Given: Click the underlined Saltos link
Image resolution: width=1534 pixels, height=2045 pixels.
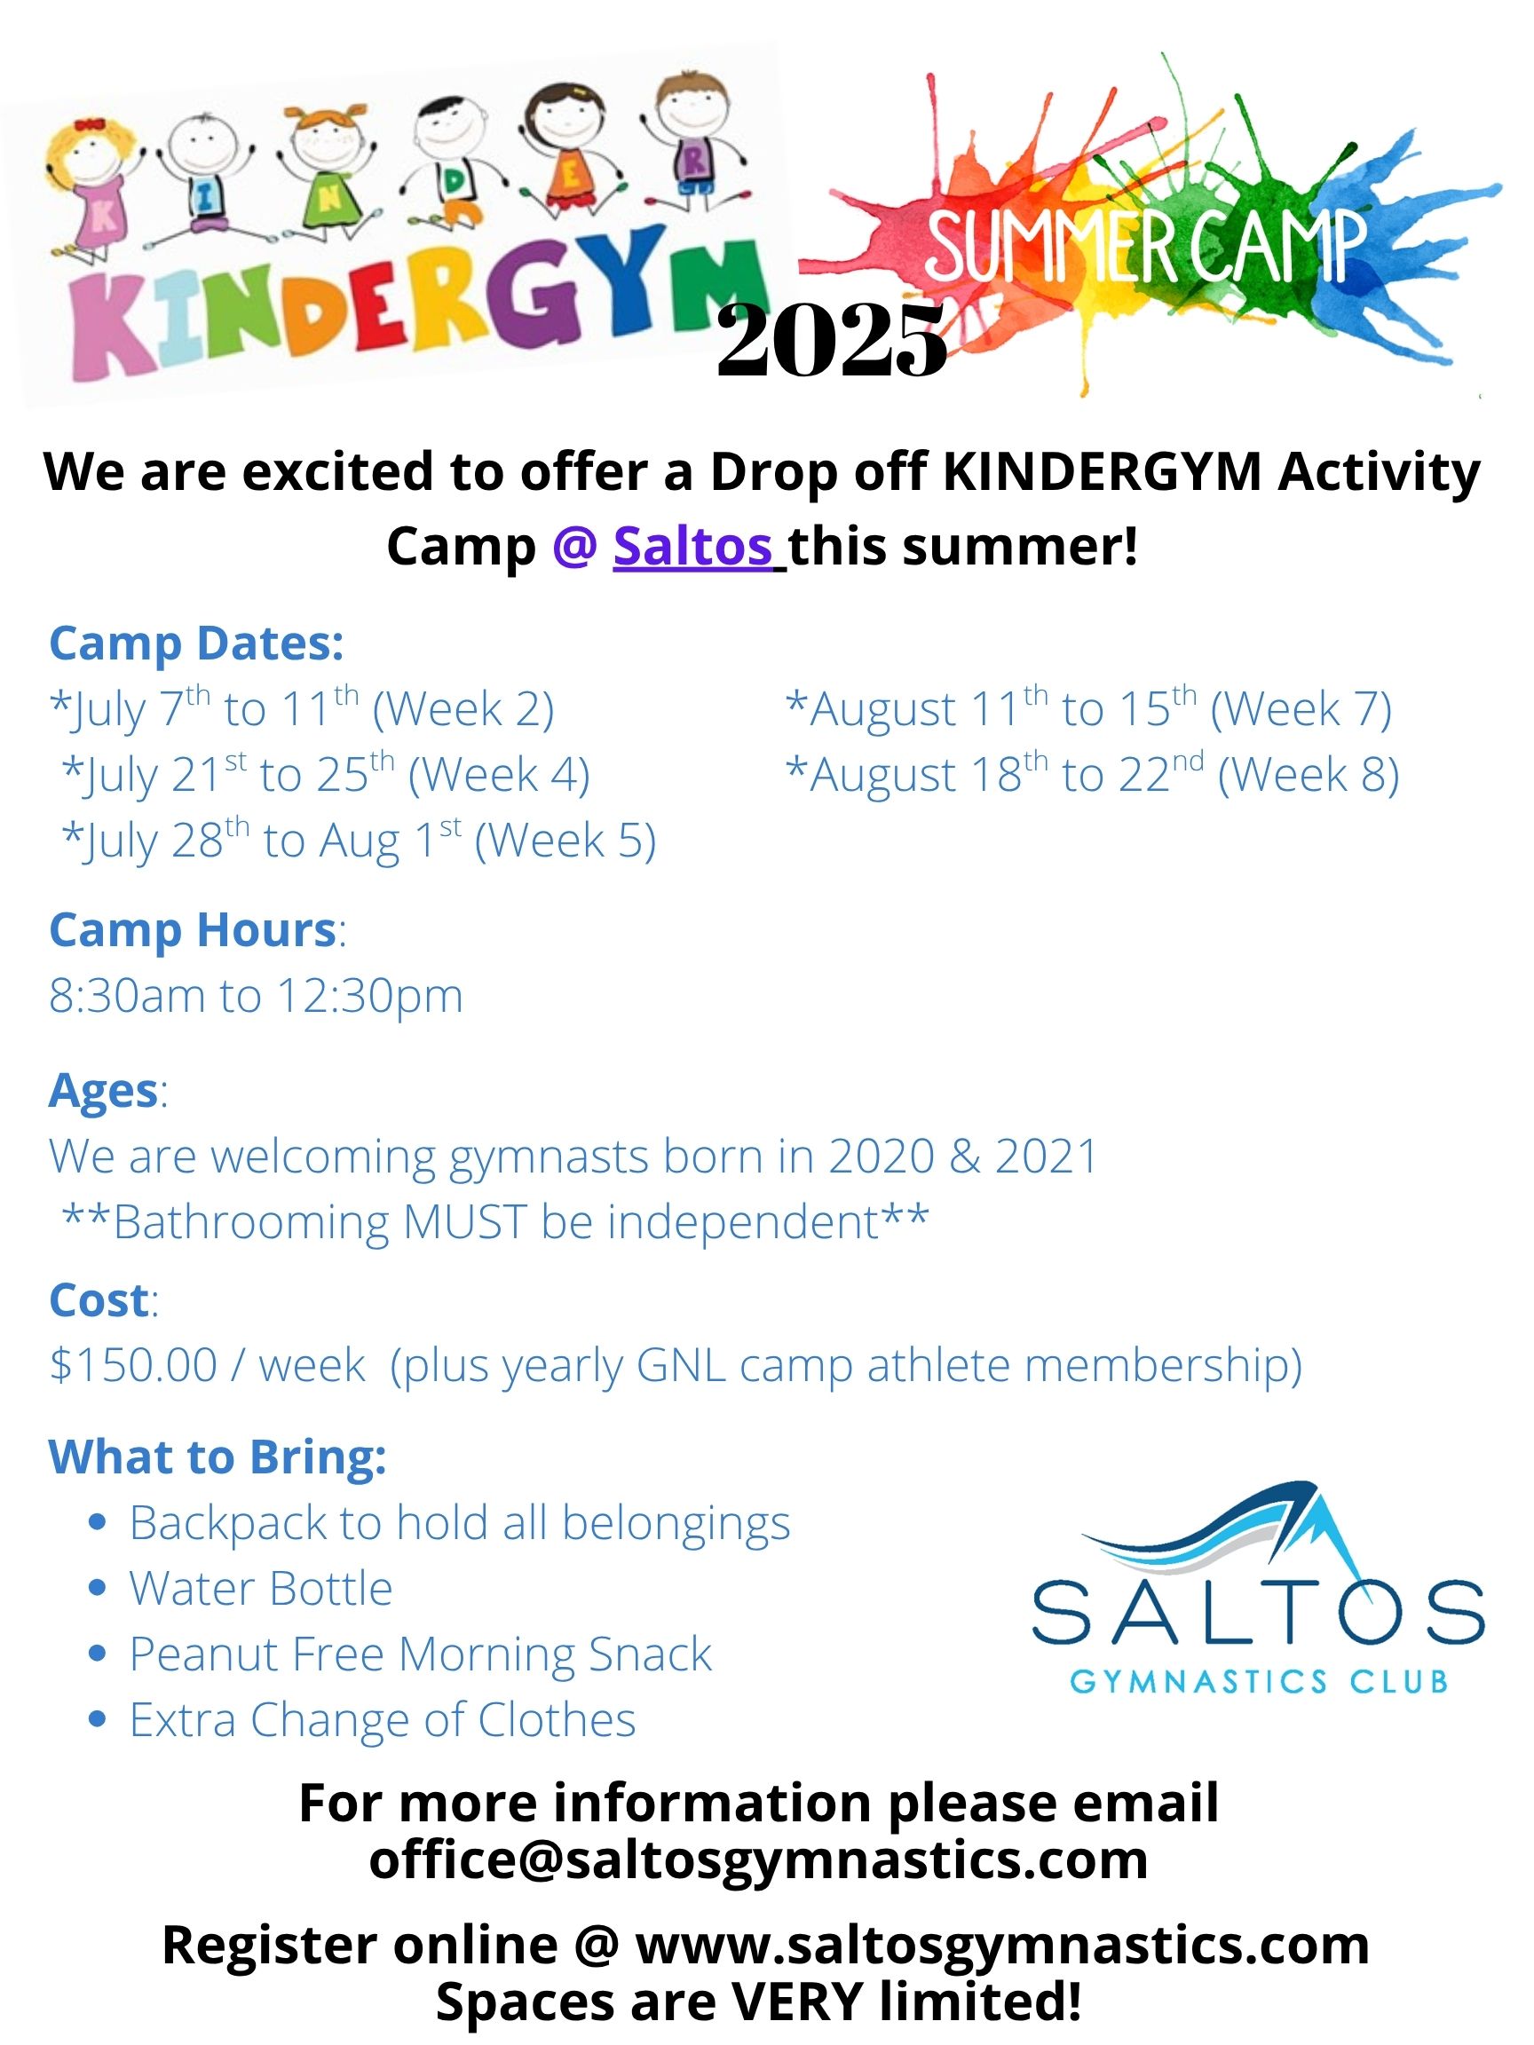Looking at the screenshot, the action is coord(692,547).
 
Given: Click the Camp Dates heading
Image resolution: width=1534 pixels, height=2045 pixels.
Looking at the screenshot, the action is coord(196,644).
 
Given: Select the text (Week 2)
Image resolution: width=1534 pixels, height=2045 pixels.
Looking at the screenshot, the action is coord(463,710).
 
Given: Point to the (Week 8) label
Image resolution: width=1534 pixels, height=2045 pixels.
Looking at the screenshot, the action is coord(1309,775).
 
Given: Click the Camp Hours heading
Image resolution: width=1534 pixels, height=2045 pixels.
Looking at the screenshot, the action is coord(193,930).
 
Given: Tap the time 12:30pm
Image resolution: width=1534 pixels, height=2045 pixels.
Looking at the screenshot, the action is coord(370,997).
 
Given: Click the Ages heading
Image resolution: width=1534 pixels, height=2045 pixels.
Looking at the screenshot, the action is coord(103,1091).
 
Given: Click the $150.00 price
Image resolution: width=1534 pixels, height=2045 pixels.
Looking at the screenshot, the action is coord(133,1365).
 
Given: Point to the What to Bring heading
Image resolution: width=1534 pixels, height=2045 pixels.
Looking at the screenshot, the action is coord(217,1458).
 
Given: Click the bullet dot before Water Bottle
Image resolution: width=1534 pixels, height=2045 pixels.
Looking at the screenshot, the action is coord(97,1588).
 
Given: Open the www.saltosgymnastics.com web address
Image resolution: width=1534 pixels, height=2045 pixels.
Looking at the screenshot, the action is coord(1002,1946).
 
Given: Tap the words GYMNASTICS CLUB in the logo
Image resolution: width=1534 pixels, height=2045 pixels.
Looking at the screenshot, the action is coord(1259,1681).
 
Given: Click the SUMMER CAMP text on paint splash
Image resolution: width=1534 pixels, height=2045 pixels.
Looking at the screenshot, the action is coord(1147,246).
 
